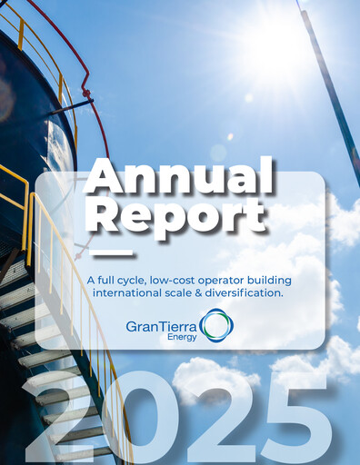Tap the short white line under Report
115,251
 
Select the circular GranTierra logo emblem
216,324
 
